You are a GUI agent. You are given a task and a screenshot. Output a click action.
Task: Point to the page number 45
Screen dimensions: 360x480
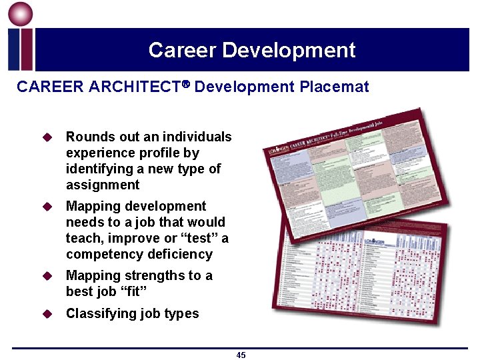coord(241,355)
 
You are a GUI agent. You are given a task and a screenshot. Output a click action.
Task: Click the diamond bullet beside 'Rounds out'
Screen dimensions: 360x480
coord(47,137)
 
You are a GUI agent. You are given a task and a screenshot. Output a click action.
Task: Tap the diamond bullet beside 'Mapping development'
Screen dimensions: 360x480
coord(47,207)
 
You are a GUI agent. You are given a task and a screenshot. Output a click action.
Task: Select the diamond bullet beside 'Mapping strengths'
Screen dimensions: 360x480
coord(47,276)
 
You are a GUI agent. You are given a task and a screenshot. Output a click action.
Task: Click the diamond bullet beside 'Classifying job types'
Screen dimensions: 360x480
coord(47,313)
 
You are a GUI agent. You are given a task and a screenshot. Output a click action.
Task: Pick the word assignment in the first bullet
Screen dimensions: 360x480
coord(103,185)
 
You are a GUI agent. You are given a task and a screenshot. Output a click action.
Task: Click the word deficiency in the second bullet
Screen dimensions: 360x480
coord(181,254)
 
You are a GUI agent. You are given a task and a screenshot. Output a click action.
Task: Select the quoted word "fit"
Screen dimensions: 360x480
coord(131,291)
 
